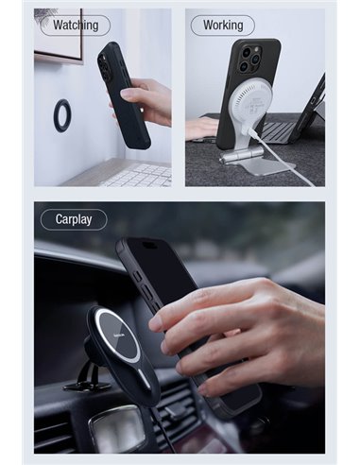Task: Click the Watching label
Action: tap(76, 26)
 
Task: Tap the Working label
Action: tap(223, 26)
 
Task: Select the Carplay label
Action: tap(74, 219)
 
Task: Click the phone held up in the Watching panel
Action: tap(124, 95)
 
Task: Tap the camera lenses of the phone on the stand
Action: tap(249, 59)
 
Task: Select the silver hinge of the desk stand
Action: tap(241, 154)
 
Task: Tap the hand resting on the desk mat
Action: tap(201, 129)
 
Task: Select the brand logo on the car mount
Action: tap(120, 334)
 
